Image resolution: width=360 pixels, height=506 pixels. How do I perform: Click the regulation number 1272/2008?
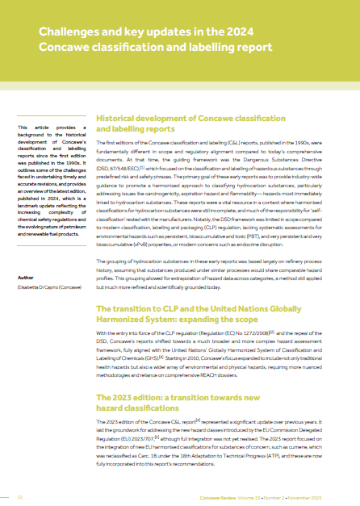click(251, 354)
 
